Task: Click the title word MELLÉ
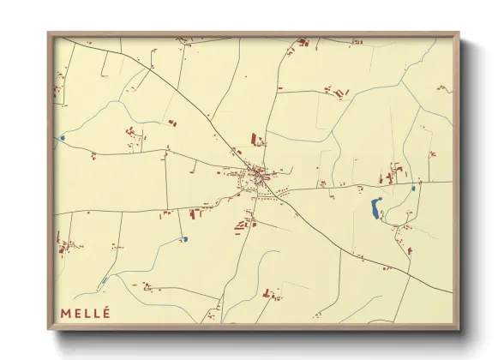85,313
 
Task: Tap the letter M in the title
65,313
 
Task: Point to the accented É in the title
106,312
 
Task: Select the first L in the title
87,313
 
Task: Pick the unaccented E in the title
76,313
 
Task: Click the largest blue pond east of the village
376,207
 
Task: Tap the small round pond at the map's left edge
62,137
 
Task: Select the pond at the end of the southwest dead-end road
184,239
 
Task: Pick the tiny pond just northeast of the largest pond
413,188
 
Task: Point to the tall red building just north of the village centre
254,138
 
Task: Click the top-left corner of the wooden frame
49,34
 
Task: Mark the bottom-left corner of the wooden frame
49,328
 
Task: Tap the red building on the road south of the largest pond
410,251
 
